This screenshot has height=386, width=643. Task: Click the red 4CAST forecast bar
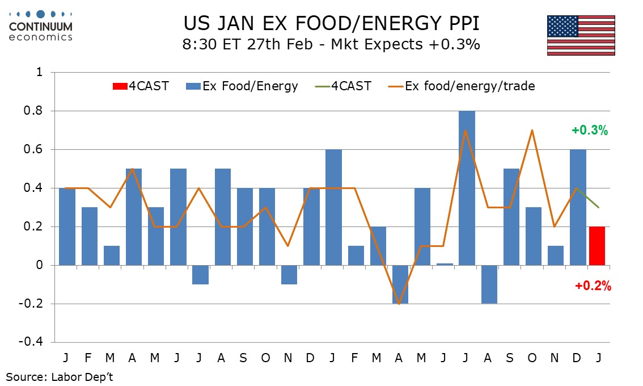597,246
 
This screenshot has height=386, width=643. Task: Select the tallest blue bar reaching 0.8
466,187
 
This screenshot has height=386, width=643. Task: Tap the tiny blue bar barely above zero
444,263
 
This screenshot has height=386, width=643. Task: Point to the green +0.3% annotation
590,131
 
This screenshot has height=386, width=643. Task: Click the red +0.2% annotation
593,287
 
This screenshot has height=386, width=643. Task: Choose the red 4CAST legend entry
141,86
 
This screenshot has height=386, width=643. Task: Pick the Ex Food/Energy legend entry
242,86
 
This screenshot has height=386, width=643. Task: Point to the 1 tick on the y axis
39,73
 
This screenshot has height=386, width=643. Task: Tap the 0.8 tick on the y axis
35,111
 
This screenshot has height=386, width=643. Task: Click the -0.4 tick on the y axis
32,342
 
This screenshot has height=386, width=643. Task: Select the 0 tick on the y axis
39,265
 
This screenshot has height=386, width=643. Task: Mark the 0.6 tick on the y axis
35,150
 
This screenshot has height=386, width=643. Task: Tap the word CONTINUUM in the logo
41,26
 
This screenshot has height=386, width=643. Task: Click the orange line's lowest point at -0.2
400,304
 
